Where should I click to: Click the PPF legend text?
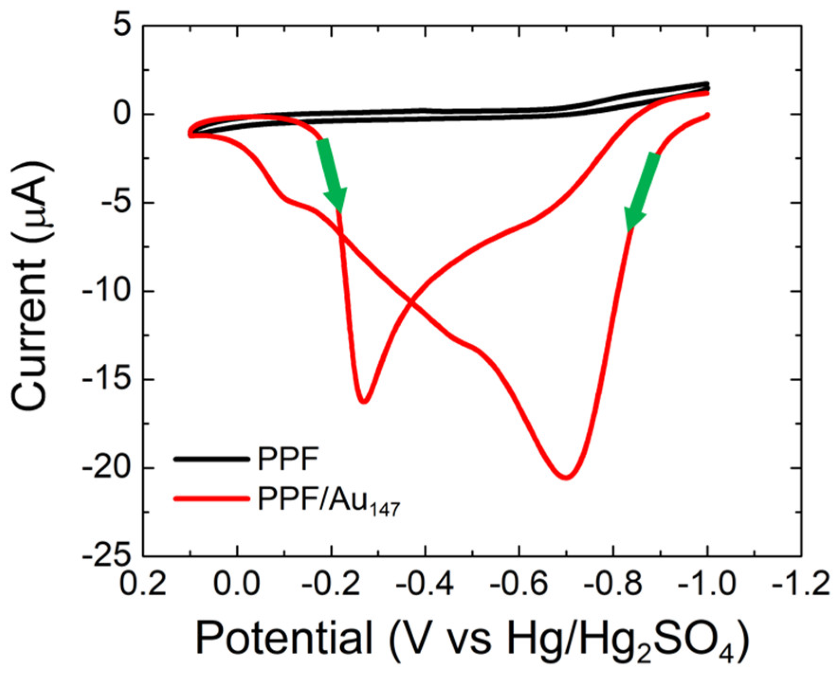pos(287,460)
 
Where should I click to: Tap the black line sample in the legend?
pos(211,459)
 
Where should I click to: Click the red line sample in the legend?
pos(211,499)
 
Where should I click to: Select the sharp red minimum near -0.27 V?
pos(363,402)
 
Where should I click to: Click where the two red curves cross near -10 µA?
pos(411,303)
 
